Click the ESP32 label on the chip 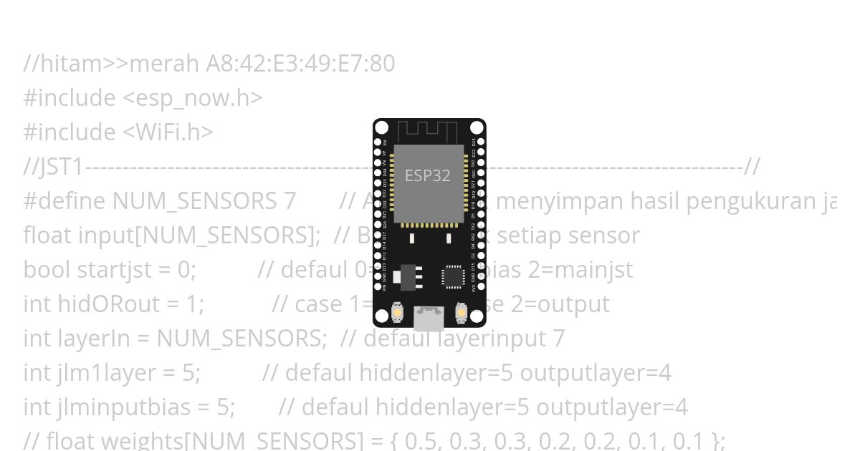428,176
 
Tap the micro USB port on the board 429,317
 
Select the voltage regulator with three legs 406,276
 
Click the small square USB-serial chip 453,276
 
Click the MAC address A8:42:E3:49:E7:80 300,64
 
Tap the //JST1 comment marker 54,168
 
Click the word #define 65,202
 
